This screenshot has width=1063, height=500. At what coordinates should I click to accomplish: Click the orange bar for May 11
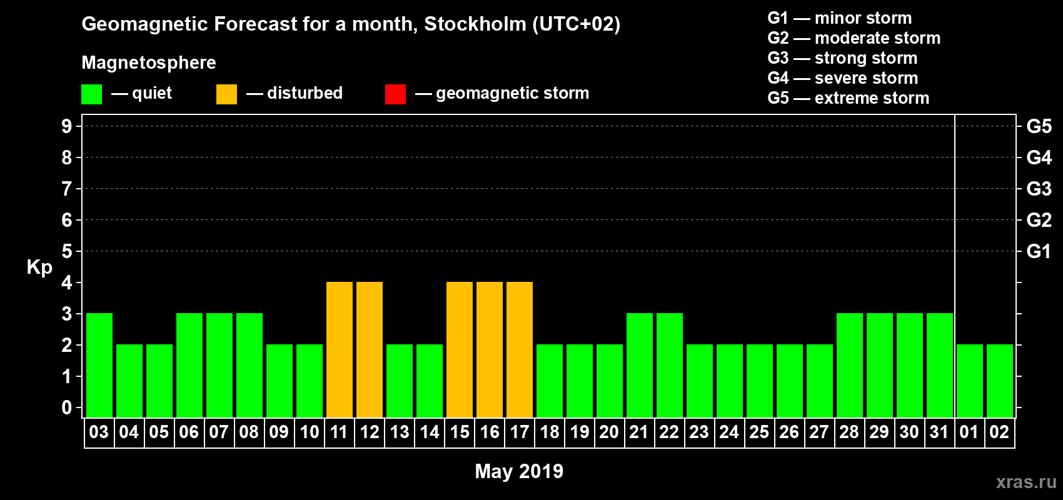[x=340, y=349]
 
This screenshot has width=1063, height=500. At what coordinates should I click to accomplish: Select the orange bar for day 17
[x=520, y=349]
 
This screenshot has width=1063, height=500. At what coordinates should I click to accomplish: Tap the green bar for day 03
[x=99, y=365]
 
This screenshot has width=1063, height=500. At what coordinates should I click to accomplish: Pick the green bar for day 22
[x=670, y=365]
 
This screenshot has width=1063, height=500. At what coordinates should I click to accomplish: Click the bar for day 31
[x=940, y=365]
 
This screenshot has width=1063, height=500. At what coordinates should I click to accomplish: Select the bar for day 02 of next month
[x=1000, y=381]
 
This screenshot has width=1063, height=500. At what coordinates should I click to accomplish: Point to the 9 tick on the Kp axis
[x=67, y=126]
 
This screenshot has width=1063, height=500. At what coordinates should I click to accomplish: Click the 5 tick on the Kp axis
[x=67, y=251]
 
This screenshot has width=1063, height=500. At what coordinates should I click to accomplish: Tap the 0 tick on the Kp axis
[x=67, y=407]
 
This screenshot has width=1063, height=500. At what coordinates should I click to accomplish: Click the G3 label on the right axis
[x=1039, y=189]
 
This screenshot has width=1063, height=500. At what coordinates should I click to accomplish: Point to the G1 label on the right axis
[x=1039, y=251]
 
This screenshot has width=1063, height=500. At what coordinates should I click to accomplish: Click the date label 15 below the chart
[x=460, y=432]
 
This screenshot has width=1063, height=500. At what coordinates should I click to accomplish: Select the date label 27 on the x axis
[x=819, y=432]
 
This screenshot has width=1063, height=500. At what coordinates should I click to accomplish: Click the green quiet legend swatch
[x=92, y=94]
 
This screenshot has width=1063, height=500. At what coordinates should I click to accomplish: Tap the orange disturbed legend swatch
[x=226, y=94]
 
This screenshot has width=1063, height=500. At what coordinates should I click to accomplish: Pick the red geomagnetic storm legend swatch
[x=395, y=94]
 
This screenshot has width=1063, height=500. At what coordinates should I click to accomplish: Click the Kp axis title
[x=39, y=267]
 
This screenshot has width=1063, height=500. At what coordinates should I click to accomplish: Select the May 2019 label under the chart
[x=519, y=471]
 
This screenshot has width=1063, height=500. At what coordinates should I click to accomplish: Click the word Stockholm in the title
[x=475, y=24]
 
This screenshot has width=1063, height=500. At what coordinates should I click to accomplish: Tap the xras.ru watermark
[x=1026, y=482]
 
